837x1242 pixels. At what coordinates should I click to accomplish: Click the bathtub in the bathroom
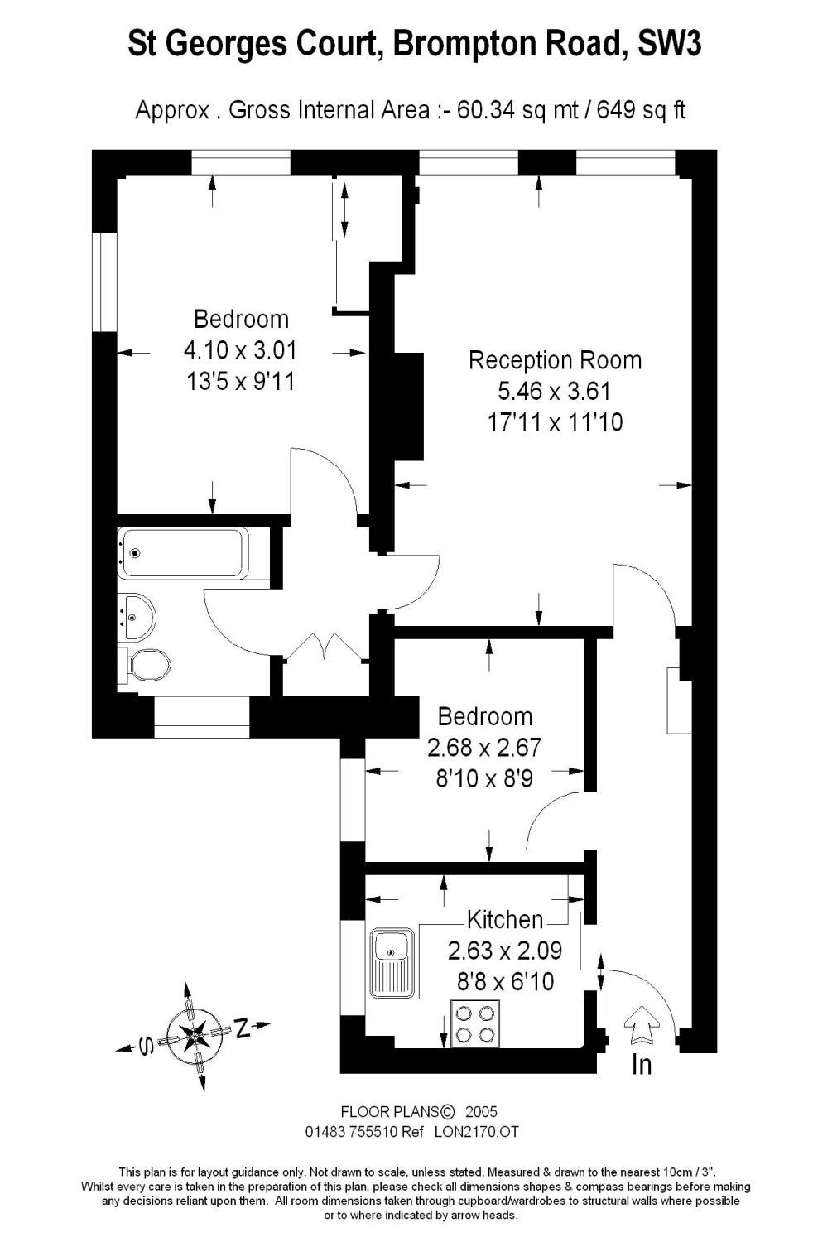point(183,553)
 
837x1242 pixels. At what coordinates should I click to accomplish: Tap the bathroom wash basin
point(137,616)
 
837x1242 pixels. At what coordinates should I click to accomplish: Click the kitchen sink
point(392,964)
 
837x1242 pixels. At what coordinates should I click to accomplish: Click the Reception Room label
point(555,360)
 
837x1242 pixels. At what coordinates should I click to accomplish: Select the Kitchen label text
point(505,919)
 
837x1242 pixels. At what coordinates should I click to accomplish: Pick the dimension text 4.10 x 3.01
point(240,350)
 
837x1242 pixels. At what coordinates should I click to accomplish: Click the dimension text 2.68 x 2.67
point(484,748)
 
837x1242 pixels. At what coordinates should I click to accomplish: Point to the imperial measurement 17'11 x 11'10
point(555,422)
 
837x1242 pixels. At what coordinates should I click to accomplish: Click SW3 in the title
point(669,43)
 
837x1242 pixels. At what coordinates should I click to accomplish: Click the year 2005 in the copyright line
point(482,1112)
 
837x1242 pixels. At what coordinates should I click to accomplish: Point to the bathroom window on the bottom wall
point(201,717)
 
